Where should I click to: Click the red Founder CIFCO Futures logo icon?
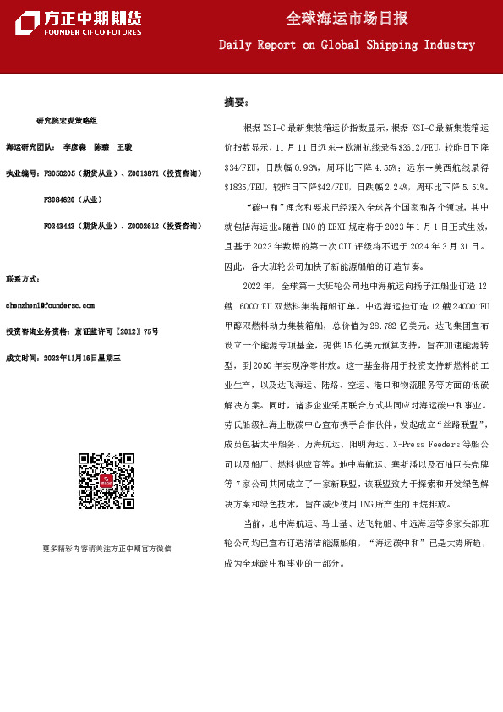tap(27, 23)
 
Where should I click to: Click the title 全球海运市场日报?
tap(347, 19)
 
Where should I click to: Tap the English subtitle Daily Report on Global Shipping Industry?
tap(347, 45)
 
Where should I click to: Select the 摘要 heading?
tap(236, 102)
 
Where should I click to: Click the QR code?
tap(107, 481)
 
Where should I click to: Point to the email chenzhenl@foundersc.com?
tap(50, 305)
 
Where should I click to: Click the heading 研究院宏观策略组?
tap(67, 122)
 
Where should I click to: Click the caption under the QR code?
tap(107, 548)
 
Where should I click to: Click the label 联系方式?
tap(23, 278)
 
